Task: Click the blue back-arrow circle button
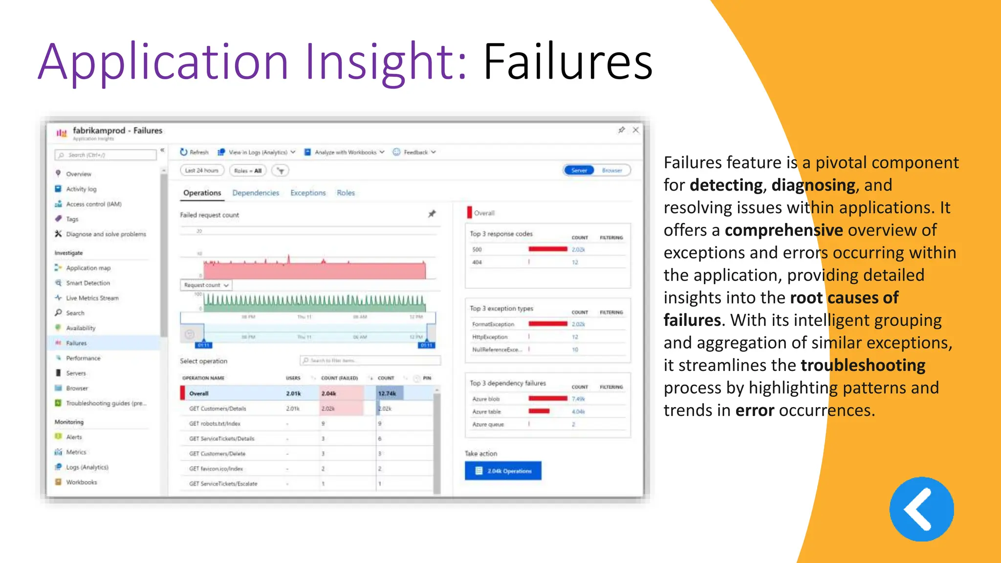pos(921,509)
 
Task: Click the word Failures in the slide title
pos(567,62)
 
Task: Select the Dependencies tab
pos(256,193)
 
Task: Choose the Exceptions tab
pos(308,193)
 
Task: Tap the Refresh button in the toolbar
pos(195,152)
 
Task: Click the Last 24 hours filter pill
pos(202,171)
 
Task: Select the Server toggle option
pos(579,171)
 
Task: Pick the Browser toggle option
pos(612,171)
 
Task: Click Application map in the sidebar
pos(88,268)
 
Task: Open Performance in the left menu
pos(83,358)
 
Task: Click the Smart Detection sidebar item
pos(88,283)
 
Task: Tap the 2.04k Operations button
pos(503,471)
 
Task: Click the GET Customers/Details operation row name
pos(218,409)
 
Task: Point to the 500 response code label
pos(477,250)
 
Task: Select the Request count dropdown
pos(206,285)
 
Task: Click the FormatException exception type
pos(493,325)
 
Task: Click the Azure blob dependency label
pos(486,399)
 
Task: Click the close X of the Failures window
pos(635,130)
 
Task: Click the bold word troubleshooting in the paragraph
pos(863,366)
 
